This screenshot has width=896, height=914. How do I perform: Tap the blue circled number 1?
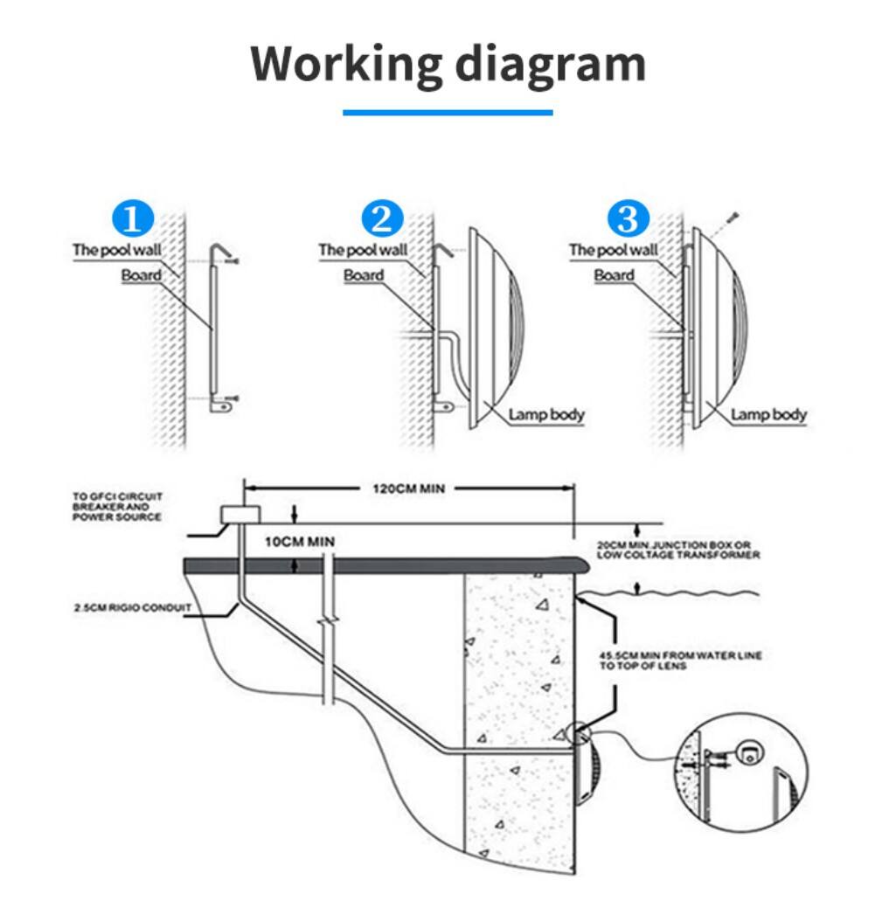click(x=133, y=219)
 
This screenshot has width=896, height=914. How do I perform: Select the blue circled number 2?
click(x=382, y=218)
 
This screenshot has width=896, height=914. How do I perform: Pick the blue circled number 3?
click(x=629, y=218)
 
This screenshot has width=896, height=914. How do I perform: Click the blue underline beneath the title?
click(x=448, y=112)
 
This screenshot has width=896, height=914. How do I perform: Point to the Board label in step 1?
click(x=141, y=275)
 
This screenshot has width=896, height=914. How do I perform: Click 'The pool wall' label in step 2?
click(x=363, y=250)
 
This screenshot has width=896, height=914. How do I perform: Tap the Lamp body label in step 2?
click(x=548, y=414)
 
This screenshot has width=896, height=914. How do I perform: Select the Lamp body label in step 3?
click(x=768, y=414)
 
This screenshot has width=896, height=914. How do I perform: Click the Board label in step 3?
click(x=614, y=275)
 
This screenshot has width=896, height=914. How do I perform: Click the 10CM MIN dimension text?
click(x=299, y=542)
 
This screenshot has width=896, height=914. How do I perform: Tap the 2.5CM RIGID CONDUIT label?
click(x=131, y=608)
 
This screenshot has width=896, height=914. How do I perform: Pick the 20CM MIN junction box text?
click(x=677, y=550)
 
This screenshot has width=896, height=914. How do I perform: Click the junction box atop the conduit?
click(x=240, y=513)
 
